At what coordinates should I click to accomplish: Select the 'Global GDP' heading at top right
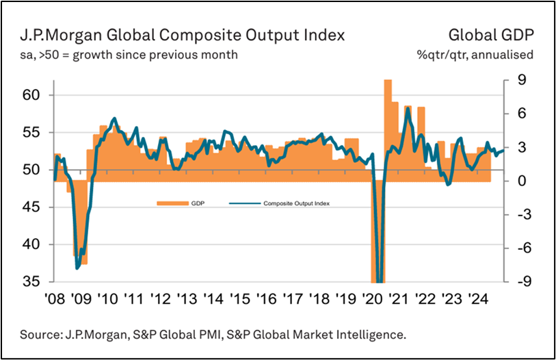pyautogui.click(x=490, y=36)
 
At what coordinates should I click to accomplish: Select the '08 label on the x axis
pyautogui.click(x=55, y=299)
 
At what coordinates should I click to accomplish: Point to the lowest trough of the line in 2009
pyautogui.click(x=77, y=268)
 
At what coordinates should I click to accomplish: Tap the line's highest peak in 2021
pyautogui.click(x=408, y=109)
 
